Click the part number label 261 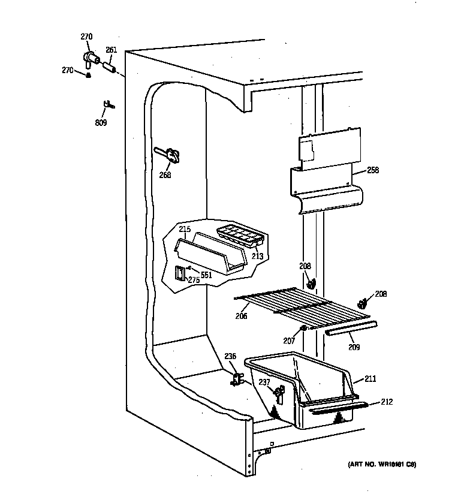click(x=112, y=50)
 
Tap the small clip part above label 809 click(x=109, y=106)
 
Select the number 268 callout click(x=165, y=175)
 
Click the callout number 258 click(x=373, y=170)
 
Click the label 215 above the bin click(x=185, y=230)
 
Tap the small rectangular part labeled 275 click(x=179, y=273)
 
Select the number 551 click(x=206, y=275)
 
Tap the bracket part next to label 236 click(x=237, y=379)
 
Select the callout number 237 click(x=264, y=382)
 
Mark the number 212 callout click(x=387, y=402)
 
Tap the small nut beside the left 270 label click(x=88, y=75)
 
